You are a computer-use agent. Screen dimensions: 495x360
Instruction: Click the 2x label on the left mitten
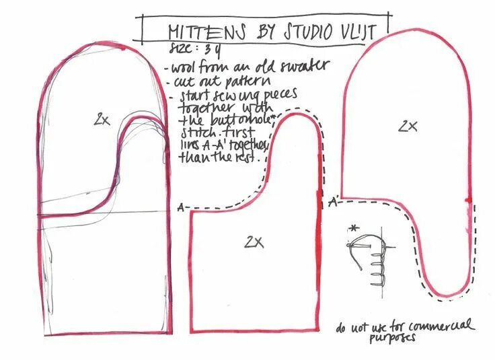click(x=102, y=120)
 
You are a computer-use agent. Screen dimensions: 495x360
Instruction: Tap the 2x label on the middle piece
click(x=254, y=240)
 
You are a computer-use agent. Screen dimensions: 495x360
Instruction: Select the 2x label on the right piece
click(x=407, y=125)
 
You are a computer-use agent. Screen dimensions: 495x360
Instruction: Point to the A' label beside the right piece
click(x=333, y=201)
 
